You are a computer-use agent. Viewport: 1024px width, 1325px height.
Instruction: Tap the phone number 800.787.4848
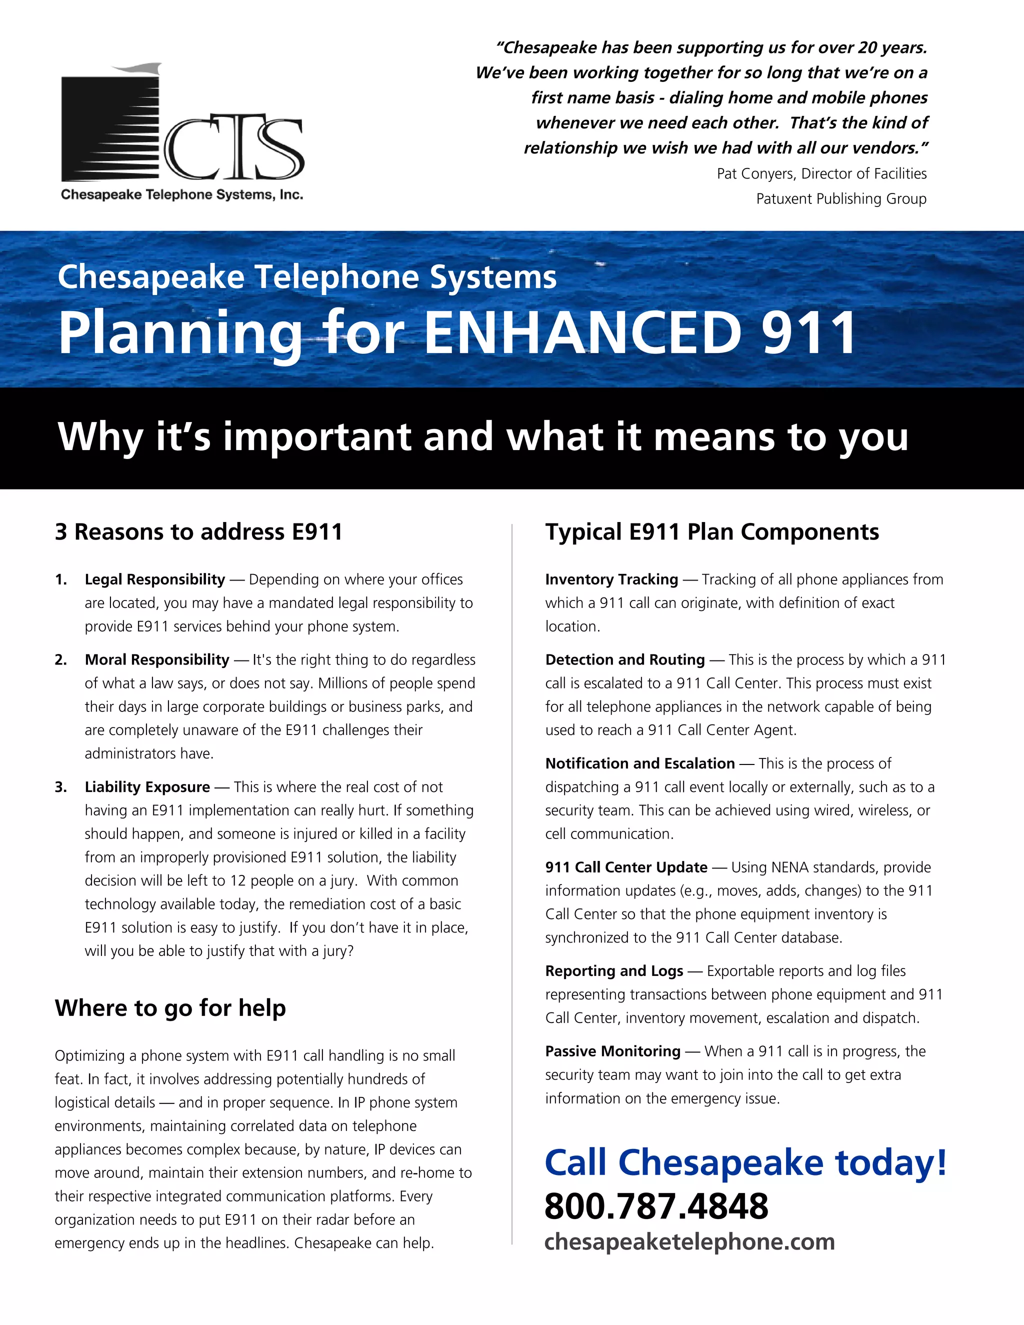[656, 1205]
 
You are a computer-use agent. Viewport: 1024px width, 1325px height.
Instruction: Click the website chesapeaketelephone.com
[689, 1241]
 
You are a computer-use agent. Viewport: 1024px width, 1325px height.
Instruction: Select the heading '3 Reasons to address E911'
[198, 531]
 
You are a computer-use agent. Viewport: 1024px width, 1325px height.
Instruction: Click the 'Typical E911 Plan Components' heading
[711, 531]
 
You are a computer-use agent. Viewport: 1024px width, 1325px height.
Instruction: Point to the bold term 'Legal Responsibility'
[154, 579]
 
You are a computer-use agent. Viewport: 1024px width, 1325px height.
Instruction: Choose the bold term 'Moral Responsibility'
[157, 659]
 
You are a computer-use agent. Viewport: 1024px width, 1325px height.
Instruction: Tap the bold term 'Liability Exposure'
[147, 787]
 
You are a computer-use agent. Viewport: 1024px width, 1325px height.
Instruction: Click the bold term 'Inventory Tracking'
[611, 579]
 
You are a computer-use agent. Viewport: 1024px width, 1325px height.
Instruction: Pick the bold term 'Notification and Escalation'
[640, 763]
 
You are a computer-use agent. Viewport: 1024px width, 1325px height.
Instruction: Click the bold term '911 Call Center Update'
[626, 867]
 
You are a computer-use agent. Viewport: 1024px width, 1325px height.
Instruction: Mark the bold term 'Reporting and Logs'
[614, 970]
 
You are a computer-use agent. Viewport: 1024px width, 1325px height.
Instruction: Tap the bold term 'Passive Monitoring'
[612, 1051]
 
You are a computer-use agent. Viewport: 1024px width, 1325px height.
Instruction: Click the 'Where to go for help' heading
[170, 1007]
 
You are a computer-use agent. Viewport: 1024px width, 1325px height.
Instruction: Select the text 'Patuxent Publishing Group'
[841, 198]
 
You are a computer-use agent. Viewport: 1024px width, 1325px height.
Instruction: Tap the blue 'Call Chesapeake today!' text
[745, 1162]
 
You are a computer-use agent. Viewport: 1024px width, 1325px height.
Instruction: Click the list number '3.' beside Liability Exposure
[60, 787]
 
